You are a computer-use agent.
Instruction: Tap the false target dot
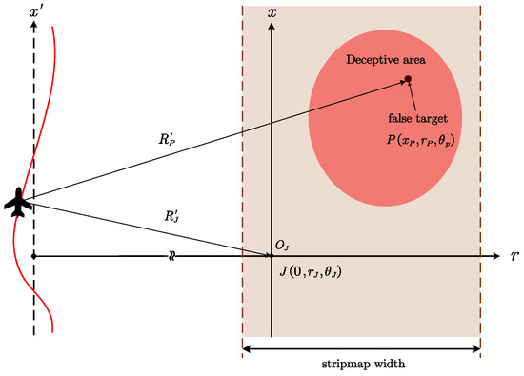coord(408,79)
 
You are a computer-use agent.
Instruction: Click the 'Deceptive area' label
coord(385,60)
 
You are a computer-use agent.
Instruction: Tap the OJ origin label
coord(283,246)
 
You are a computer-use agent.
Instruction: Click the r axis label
coord(514,257)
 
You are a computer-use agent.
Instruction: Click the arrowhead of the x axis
coord(273,25)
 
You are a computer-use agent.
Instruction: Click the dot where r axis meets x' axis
coord(33,256)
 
